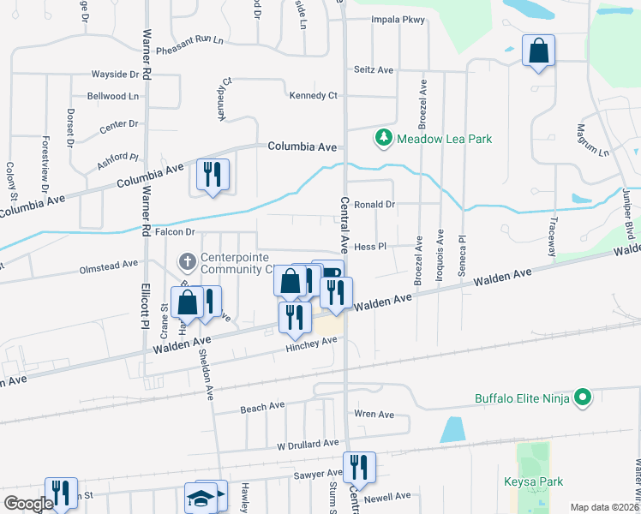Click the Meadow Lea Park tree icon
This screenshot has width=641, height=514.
384,137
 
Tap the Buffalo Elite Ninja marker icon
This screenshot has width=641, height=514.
584,397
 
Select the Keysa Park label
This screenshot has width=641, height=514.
533,481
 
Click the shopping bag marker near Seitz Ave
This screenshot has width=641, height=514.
539,51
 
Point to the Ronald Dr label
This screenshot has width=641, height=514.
374,205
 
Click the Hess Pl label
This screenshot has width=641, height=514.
371,246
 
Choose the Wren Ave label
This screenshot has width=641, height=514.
374,415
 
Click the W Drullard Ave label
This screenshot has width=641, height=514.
308,445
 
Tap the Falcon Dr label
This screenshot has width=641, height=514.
175,232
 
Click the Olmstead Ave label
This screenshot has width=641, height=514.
108,265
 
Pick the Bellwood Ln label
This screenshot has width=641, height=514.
112,97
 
